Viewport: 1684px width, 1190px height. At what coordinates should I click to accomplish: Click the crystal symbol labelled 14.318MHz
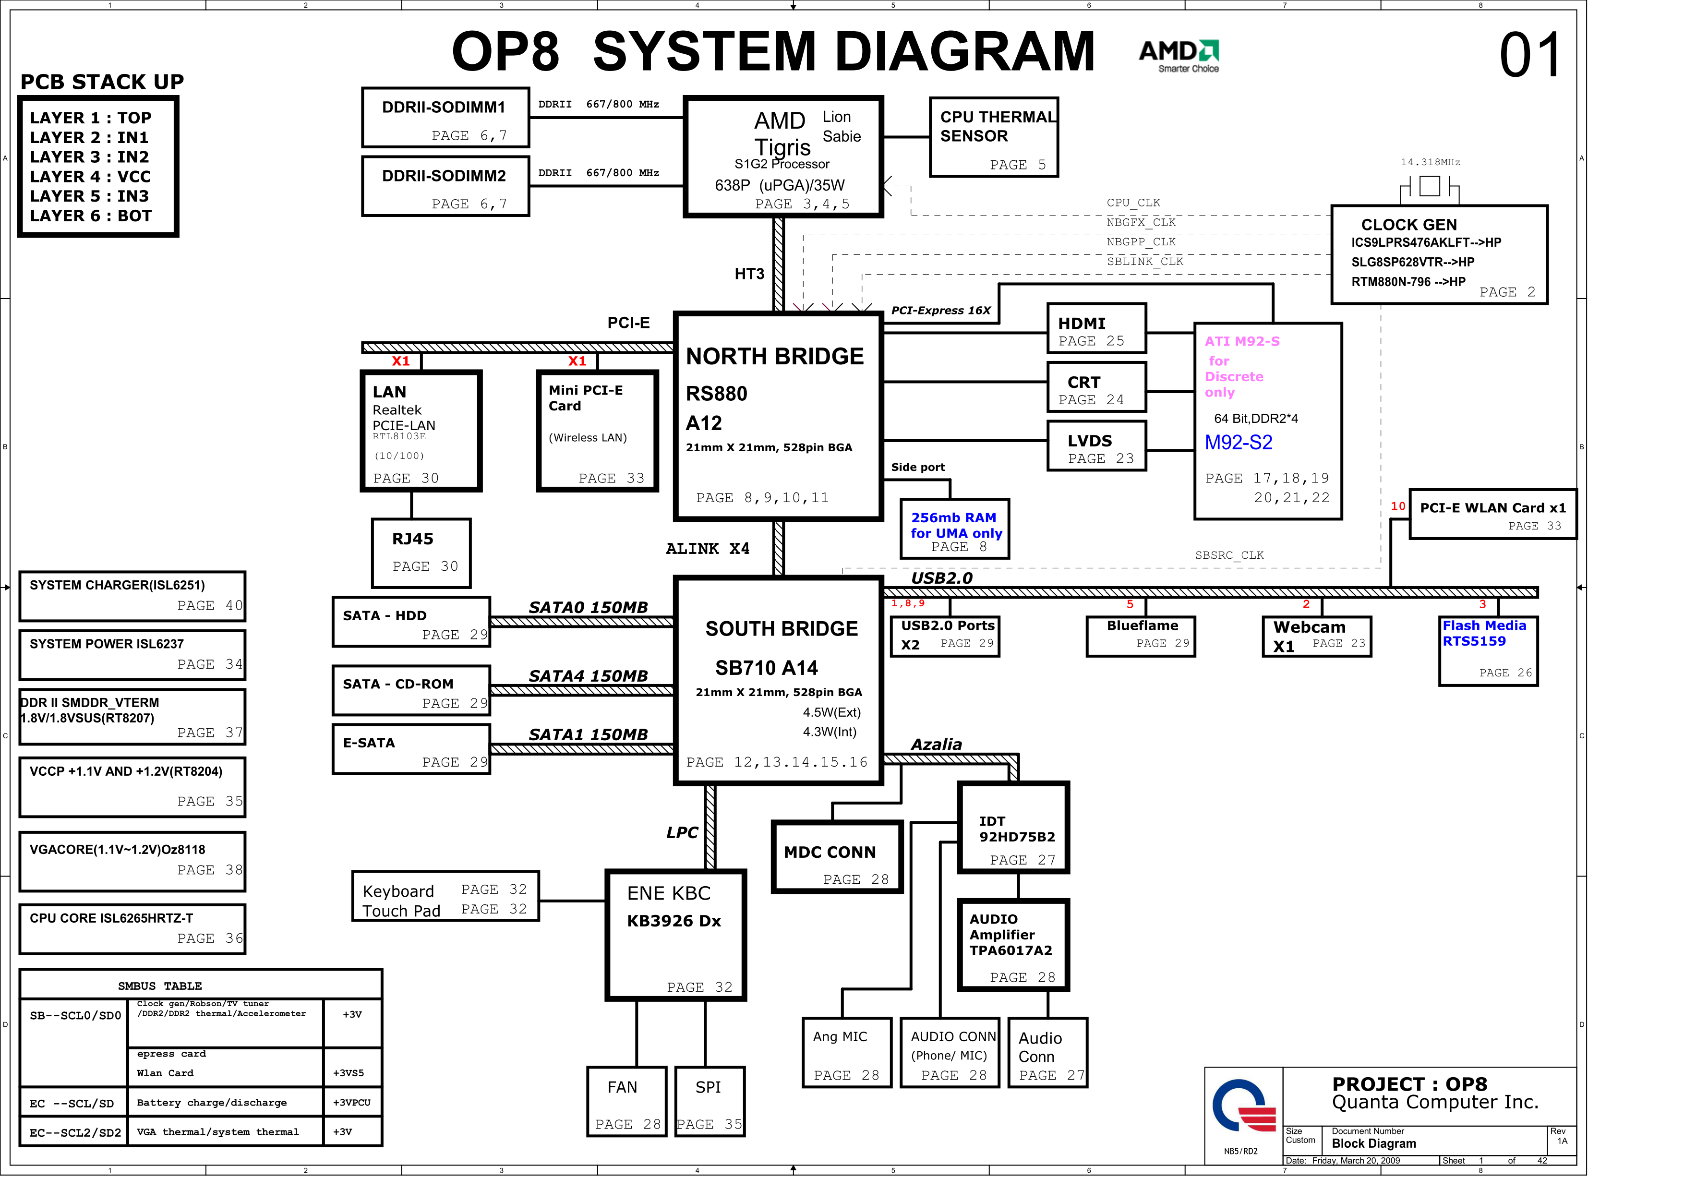pyautogui.click(x=1430, y=187)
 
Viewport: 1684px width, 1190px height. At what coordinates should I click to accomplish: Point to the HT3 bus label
pyautogui.click(x=749, y=274)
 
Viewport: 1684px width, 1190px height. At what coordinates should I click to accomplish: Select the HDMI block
pyautogui.click(x=1096, y=329)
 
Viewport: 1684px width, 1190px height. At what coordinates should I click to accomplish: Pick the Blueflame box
pyautogui.click(x=1141, y=636)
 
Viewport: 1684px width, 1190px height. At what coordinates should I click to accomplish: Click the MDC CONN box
pyautogui.click(x=837, y=857)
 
